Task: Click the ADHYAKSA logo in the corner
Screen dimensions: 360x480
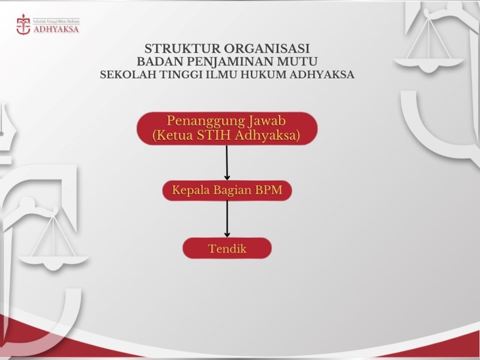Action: [47, 25]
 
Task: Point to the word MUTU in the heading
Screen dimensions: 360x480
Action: [296, 61]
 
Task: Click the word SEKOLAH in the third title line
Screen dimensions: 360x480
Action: [123, 75]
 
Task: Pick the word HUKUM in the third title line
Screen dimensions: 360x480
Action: [262, 75]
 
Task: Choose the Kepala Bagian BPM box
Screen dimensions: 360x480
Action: [227, 191]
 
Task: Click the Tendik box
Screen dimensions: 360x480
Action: [227, 248]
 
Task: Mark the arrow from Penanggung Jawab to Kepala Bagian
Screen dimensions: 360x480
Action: [227, 162]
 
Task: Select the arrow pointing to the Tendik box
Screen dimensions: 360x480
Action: [227, 219]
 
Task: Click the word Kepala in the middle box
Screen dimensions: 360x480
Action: [190, 191]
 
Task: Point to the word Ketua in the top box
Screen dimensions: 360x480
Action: [175, 136]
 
